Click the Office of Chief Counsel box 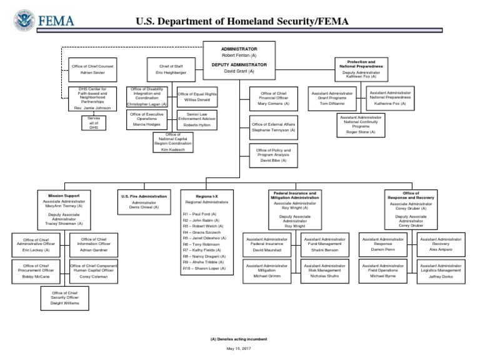click(92, 69)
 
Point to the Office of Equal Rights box click(197, 96)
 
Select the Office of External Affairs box click(273, 127)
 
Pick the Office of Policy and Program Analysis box click(273, 154)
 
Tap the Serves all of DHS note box click(93, 122)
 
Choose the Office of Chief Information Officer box click(94, 244)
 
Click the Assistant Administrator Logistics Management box click(440, 271)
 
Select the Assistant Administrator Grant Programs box click(332, 98)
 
